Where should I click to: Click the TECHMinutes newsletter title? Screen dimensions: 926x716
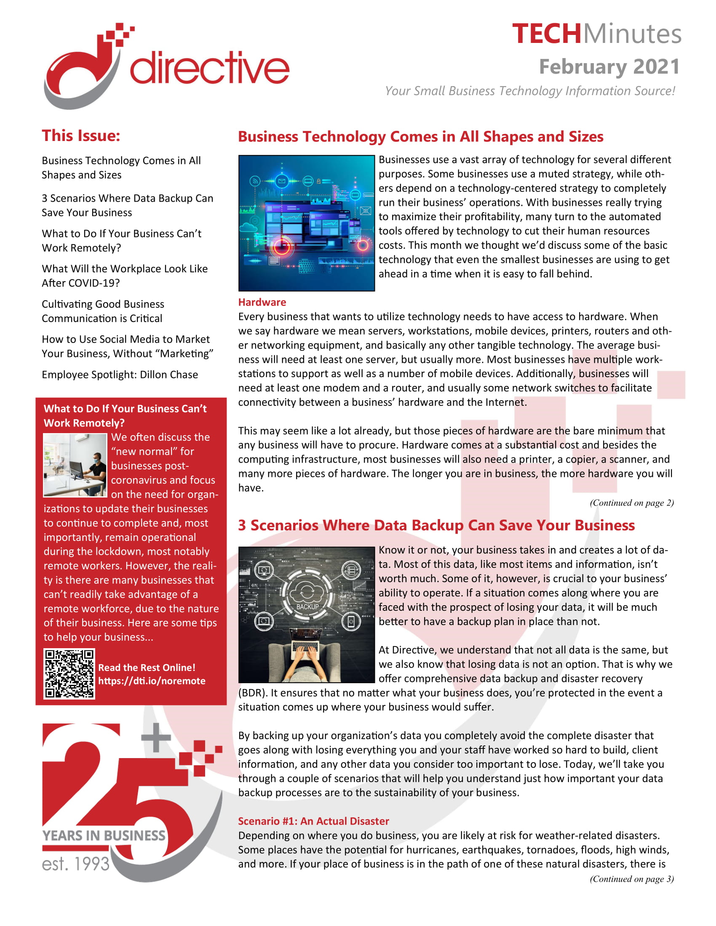[x=596, y=34]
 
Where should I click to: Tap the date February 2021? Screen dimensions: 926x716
[x=609, y=67]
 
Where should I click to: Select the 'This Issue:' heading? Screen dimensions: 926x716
[x=81, y=136]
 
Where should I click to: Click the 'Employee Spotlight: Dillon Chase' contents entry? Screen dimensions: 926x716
[x=120, y=375]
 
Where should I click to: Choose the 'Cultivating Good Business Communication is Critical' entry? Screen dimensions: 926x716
[x=103, y=311]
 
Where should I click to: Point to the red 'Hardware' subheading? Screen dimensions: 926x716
[x=262, y=302]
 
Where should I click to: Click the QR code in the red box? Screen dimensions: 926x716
[x=69, y=674]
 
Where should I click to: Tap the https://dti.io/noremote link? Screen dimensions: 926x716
[x=152, y=681]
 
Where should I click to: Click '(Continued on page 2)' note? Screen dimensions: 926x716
[x=631, y=503]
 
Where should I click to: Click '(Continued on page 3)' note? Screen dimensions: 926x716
[x=631, y=879]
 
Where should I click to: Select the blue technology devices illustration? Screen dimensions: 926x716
[x=306, y=223]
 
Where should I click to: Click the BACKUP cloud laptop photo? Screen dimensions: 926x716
[x=306, y=615]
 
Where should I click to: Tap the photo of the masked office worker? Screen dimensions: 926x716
[x=75, y=465]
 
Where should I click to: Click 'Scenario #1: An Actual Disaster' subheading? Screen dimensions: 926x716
[x=313, y=821]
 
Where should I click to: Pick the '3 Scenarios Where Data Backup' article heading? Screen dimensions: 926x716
[x=436, y=525]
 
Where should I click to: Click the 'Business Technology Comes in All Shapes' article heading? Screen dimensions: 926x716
[x=420, y=136]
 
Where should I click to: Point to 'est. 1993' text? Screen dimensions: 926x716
[x=75, y=864]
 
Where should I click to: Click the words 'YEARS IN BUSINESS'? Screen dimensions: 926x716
[x=104, y=836]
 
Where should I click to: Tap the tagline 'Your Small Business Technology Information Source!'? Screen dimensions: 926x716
[x=529, y=91]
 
